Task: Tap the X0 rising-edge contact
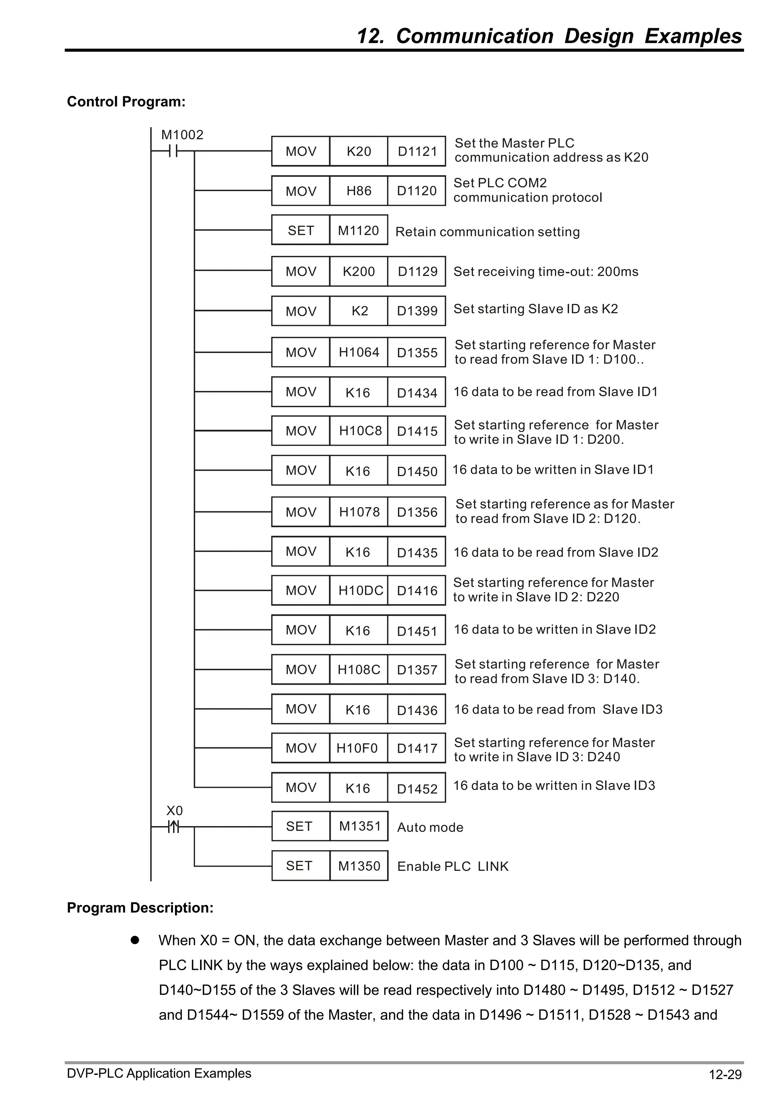[x=173, y=827]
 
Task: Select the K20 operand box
[x=359, y=151]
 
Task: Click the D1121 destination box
[x=417, y=151]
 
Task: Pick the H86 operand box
[x=359, y=191]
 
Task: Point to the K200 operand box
[x=359, y=271]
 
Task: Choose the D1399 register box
[x=417, y=311]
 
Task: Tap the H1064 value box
[x=359, y=352]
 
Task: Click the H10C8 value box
[x=359, y=431]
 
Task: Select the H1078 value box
[x=359, y=512]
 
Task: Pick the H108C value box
[x=359, y=669]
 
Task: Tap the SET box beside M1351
[x=300, y=826]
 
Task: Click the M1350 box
[x=359, y=866]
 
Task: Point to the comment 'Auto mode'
[x=430, y=827]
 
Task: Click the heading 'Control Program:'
[x=126, y=102]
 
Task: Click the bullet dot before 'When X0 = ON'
[x=135, y=940]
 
